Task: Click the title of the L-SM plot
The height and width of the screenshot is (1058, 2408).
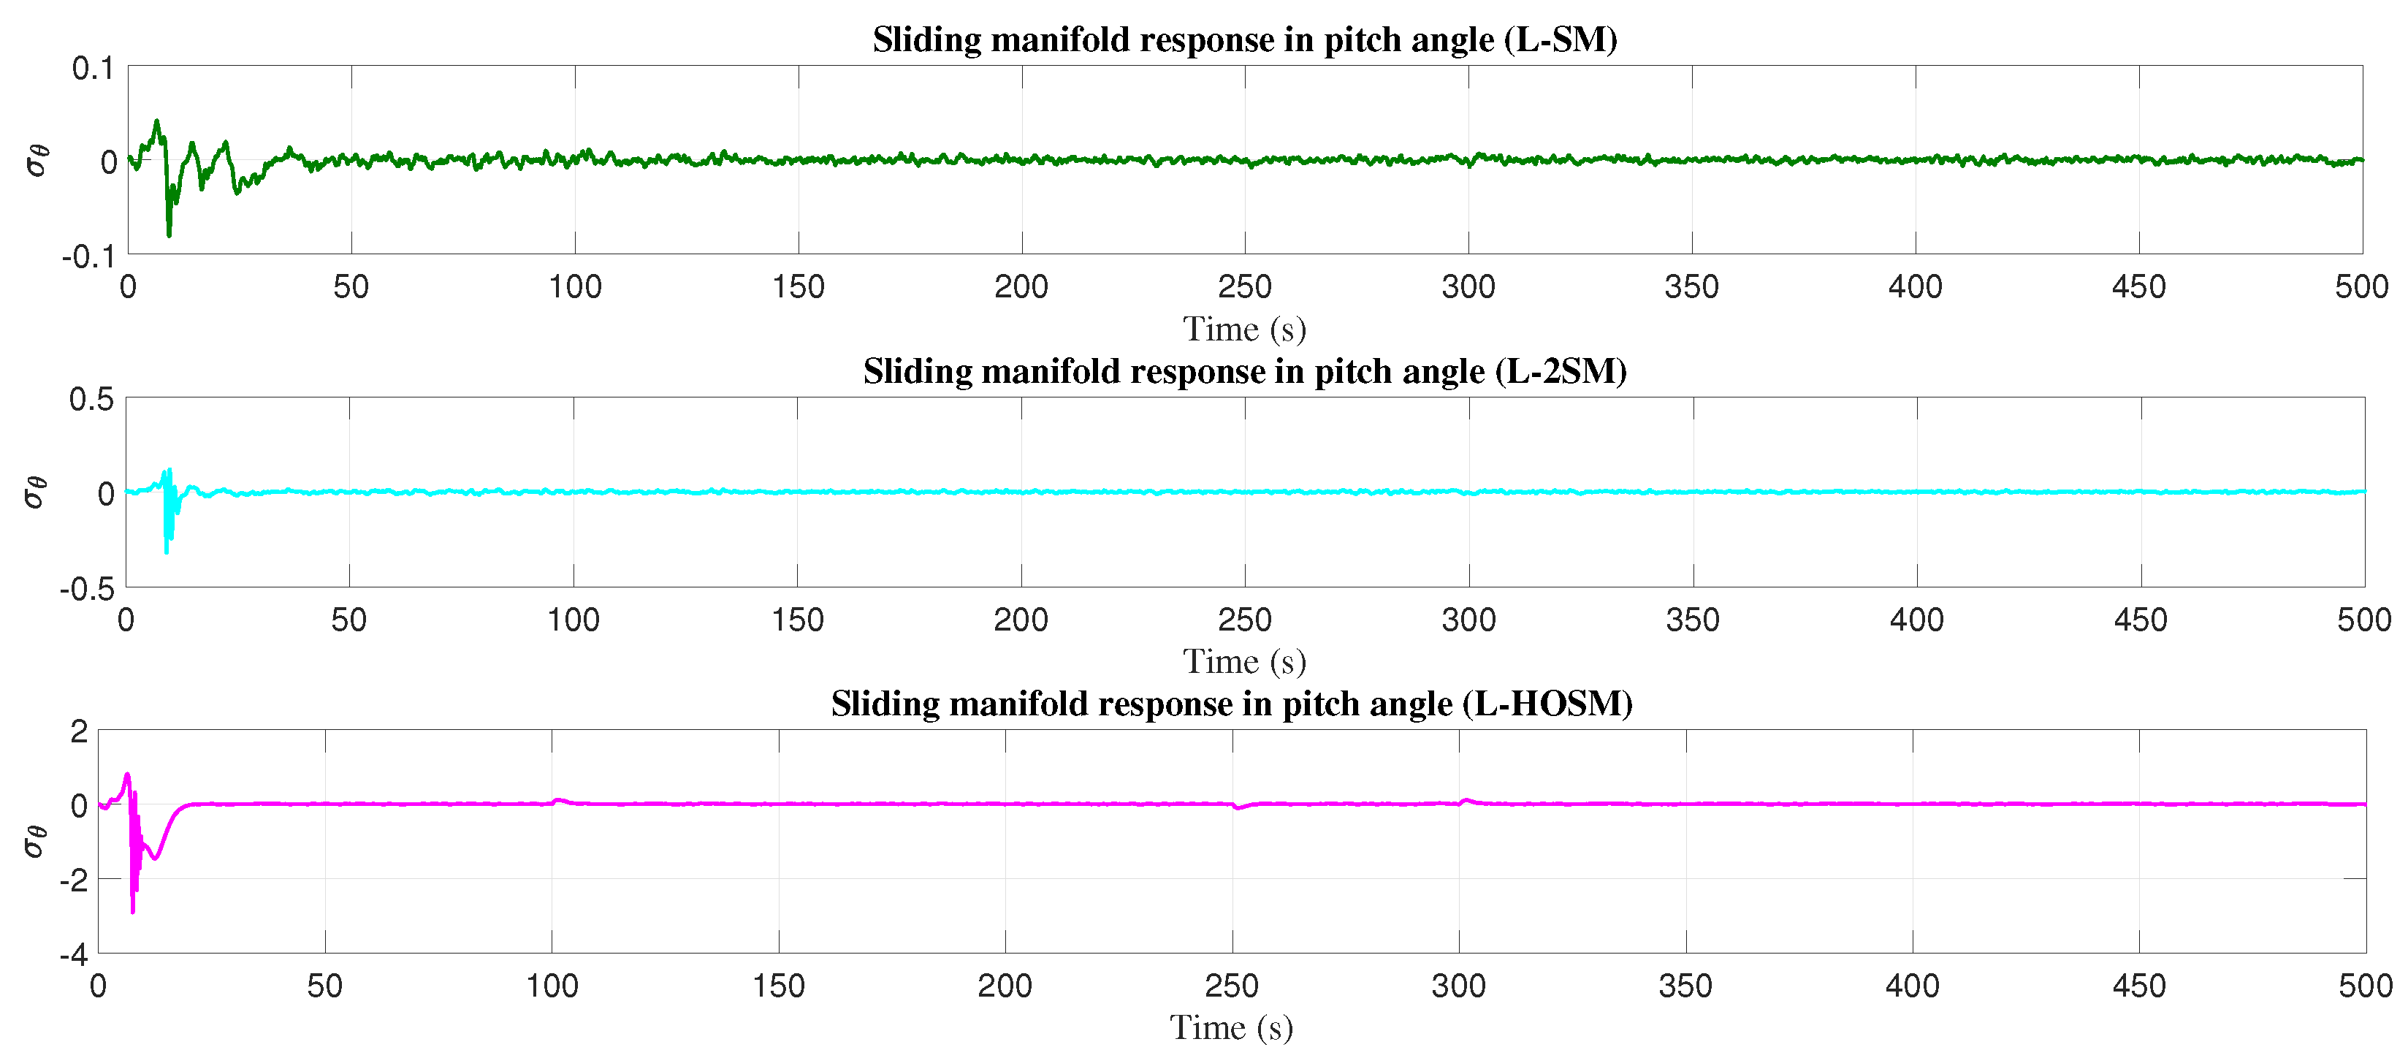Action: pos(1244,39)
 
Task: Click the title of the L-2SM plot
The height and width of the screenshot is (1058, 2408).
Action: pos(1244,371)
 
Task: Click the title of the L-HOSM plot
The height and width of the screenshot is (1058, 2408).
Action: pos(1231,703)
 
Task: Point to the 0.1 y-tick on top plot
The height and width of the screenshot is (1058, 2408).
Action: pos(93,68)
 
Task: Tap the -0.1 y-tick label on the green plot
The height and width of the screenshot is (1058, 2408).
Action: pos(87,256)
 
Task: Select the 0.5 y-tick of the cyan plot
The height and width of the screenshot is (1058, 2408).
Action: pos(91,400)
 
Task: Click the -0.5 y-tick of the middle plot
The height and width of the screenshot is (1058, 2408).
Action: pos(86,590)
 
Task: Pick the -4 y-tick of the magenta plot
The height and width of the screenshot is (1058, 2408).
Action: pos(73,955)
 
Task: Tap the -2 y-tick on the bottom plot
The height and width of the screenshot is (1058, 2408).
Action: pos(73,880)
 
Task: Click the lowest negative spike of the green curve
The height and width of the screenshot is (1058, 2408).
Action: pos(169,235)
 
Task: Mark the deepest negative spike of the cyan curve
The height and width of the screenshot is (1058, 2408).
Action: pos(167,552)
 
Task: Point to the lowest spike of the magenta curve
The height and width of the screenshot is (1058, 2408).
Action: pos(133,911)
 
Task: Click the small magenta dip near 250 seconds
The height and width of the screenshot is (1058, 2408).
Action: pos(1238,807)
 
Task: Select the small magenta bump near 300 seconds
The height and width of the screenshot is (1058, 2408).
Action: pos(1466,800)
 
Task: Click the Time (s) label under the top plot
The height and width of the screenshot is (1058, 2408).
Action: pos(1244,329)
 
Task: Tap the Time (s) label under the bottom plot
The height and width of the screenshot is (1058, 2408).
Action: pos(1231,1027)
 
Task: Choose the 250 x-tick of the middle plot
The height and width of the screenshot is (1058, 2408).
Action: pos(1244,620)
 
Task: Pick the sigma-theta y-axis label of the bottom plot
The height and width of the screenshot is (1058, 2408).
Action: pos(34,840)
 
